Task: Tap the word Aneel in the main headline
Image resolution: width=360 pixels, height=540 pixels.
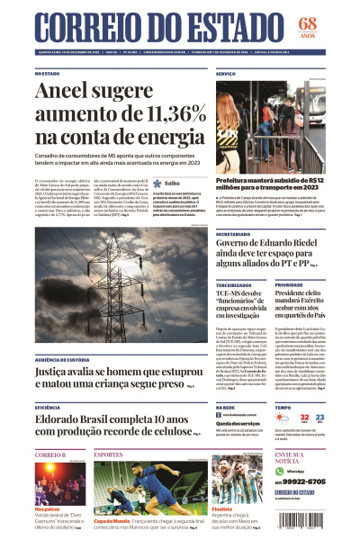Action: [65, 92]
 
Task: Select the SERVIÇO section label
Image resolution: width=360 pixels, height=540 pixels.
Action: [226, 73]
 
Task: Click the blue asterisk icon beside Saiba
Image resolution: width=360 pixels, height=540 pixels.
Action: [157, 183]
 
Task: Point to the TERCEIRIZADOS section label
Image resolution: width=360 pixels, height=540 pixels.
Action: [233, 285]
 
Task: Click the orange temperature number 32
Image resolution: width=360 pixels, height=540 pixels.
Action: [304, 418]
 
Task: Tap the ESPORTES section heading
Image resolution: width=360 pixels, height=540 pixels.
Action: [107, 454]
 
